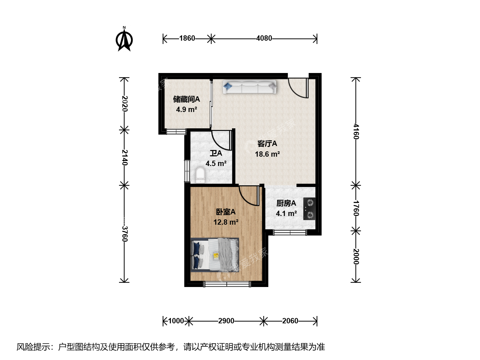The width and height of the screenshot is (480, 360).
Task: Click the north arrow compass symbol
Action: click(124, 39)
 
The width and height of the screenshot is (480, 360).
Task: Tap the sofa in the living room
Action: click(250, 87)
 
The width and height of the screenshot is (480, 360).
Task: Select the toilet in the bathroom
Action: click(200, 175)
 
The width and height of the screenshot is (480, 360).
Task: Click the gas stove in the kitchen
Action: click(309, 209)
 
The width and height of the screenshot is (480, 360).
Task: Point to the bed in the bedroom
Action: click(215, 255)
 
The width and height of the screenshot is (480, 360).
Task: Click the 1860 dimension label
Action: click(187, 38)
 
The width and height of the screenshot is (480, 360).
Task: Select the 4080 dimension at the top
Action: click(264, 38)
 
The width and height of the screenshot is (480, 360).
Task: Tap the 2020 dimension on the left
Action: click(124, 104)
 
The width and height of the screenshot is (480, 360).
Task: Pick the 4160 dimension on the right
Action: click(356, 132)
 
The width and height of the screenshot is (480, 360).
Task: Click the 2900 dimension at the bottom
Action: click(226, 321)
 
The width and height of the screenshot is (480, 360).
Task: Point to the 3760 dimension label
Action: click(124, 234)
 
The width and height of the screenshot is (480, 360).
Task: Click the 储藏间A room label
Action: click(187, 99)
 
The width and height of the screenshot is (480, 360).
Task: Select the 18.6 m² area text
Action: click(267, 154)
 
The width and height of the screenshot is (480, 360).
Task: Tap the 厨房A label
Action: click(286, 203)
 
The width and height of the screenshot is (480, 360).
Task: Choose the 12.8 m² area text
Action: click(226, 222)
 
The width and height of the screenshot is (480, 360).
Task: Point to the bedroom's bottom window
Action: click(227, 284)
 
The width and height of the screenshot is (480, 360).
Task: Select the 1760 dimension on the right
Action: click(356, 208)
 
